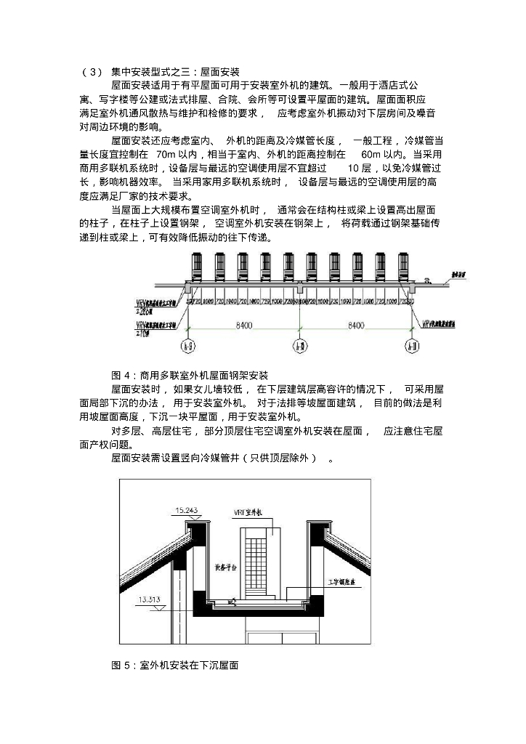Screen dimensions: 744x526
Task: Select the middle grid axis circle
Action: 299,347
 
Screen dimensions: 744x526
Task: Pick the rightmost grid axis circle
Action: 410,347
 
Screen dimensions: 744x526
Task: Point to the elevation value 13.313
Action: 148,599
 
